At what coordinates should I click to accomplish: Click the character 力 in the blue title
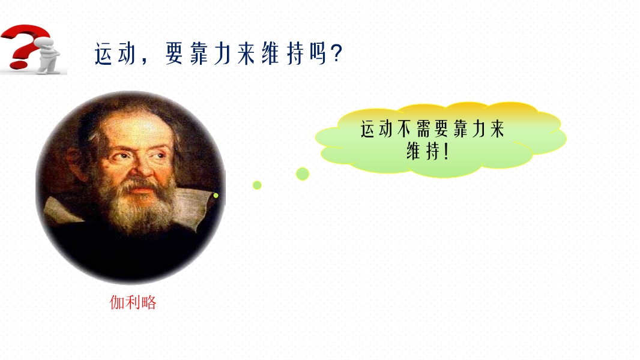[222, 53]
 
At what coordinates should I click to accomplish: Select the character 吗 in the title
[318, 53]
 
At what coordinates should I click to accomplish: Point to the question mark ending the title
[337, 53]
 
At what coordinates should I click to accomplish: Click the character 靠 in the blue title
[198, 53]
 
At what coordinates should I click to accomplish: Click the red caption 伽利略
[133, 302]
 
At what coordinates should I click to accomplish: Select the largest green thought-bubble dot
[303, 173]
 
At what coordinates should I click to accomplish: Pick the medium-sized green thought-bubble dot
[257, 185]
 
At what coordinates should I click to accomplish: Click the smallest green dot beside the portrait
[216, 196]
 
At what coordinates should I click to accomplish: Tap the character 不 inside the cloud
[403, 129]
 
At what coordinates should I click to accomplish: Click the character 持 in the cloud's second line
[433, 151]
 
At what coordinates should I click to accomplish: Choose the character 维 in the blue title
[270, 53]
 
